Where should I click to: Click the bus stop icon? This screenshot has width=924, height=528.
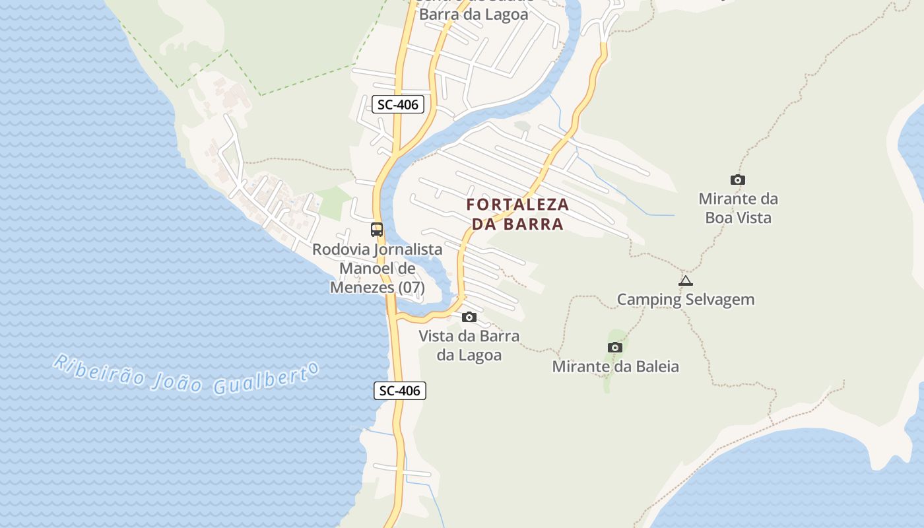click(377, 230)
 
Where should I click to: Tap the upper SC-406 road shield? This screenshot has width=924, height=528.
click(397, 104)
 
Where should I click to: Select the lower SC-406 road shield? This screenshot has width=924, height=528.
click(400, 391)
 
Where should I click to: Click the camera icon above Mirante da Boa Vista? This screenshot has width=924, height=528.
click(738, 180)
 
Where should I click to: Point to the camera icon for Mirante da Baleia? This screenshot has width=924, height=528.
click(615, 347)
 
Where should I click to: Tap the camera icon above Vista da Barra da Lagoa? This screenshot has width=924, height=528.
click(469, 317)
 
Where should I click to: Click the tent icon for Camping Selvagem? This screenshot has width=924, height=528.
click(686, 281)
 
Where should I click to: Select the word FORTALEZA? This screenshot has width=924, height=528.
click(517, 205)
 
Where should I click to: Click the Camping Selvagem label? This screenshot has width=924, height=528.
click(686, 300)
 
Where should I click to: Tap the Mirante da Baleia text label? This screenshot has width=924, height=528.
click(615, 366)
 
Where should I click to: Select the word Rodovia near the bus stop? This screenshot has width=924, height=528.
click(341, 249)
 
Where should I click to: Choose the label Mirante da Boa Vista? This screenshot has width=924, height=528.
click(738, 208)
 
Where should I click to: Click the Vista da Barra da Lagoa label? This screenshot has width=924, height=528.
click(469, 345)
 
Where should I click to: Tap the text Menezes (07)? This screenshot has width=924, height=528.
click(377, 288)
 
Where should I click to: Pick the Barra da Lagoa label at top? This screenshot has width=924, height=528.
click(473, 15)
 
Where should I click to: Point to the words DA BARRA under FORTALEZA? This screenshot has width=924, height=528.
click(517, 224)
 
